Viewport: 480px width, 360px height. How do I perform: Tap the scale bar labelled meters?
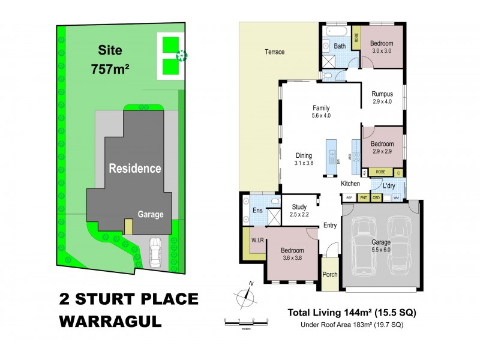[245, 324]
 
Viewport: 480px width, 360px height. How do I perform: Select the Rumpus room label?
[382, 94]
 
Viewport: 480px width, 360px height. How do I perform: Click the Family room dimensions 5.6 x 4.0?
[321, 115]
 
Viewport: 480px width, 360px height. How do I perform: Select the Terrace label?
[275, 52]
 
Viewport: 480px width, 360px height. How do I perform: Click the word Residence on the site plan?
[134, 169]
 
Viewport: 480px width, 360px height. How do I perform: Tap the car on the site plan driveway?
[155, 252]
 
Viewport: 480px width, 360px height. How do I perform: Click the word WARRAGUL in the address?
[110, 320]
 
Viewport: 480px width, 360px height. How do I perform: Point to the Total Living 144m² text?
[352, 313]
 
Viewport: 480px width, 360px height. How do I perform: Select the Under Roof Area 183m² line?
[352, 325]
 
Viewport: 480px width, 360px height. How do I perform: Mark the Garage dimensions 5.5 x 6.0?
[382, 250]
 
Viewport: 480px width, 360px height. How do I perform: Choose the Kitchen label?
[350, 184]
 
